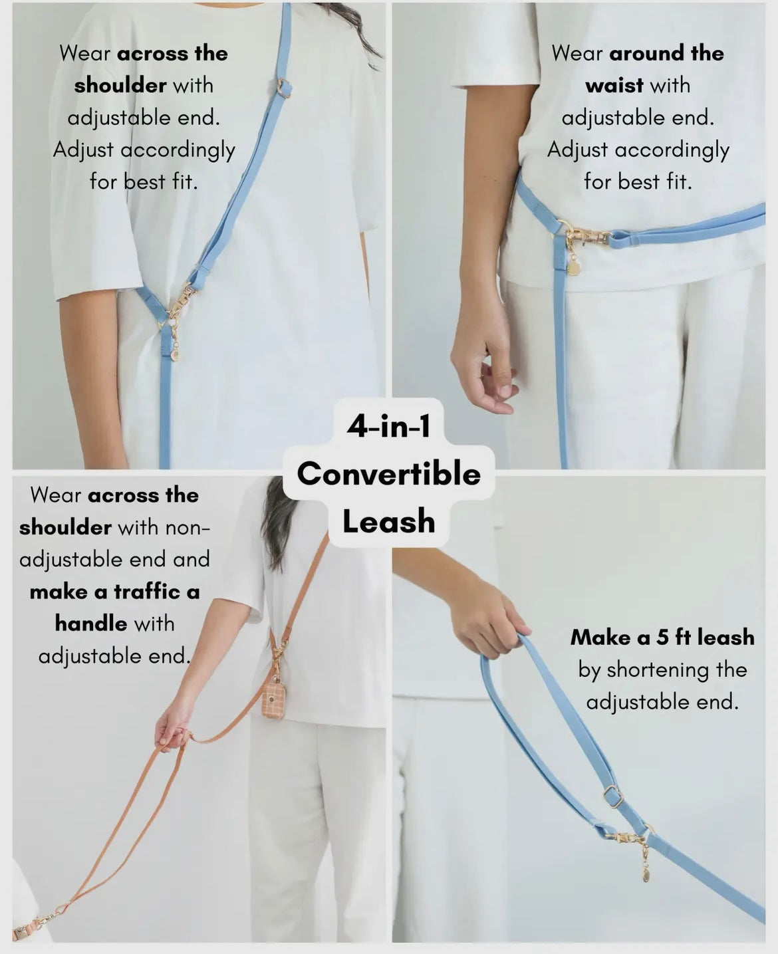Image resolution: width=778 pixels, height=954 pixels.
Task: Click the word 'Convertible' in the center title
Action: click(389, 474)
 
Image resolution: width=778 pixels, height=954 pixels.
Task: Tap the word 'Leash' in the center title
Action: click(389, 521)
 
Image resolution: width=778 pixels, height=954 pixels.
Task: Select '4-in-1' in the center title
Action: click(388, 426)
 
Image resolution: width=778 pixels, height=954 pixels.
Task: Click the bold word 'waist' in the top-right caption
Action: click(614, 86)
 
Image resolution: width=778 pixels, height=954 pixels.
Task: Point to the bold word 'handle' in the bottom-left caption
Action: click(91, 624)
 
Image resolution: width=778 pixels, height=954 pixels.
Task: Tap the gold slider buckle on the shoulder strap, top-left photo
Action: click(284, 87)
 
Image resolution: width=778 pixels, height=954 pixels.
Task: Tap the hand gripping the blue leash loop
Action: click(492, 616)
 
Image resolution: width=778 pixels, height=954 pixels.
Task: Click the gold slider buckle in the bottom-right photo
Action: click(613, 797)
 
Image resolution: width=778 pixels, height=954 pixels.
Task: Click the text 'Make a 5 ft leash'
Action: click(662, 638)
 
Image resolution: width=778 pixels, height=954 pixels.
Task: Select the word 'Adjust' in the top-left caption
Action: click(83, 150)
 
